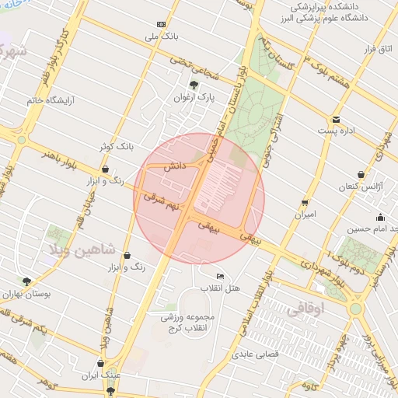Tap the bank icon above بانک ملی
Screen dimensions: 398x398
tap(162, 24)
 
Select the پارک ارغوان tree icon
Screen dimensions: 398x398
tap(194, 85)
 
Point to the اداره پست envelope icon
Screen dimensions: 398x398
tap(336, 119)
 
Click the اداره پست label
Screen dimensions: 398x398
tap(340, 131)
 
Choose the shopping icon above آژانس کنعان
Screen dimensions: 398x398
tap(361, 176)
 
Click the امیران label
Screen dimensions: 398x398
tap(304, 214)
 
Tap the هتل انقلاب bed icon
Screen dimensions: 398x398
tap(221, 277)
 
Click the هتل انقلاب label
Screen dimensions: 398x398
tap(222, 288)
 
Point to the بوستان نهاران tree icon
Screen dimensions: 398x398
tap(27, 282)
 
